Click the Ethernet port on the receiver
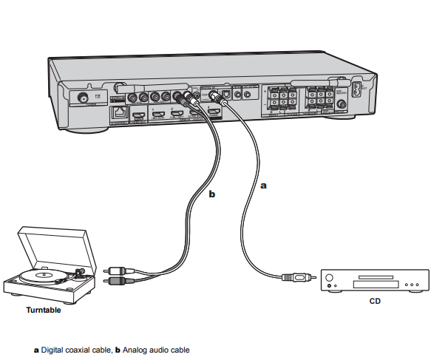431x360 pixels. [x=118, y=113]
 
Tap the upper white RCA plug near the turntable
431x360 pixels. [x=116, y=271]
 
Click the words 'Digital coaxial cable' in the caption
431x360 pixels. [x=73, y=350]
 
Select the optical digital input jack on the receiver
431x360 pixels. [x=237, y=94]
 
